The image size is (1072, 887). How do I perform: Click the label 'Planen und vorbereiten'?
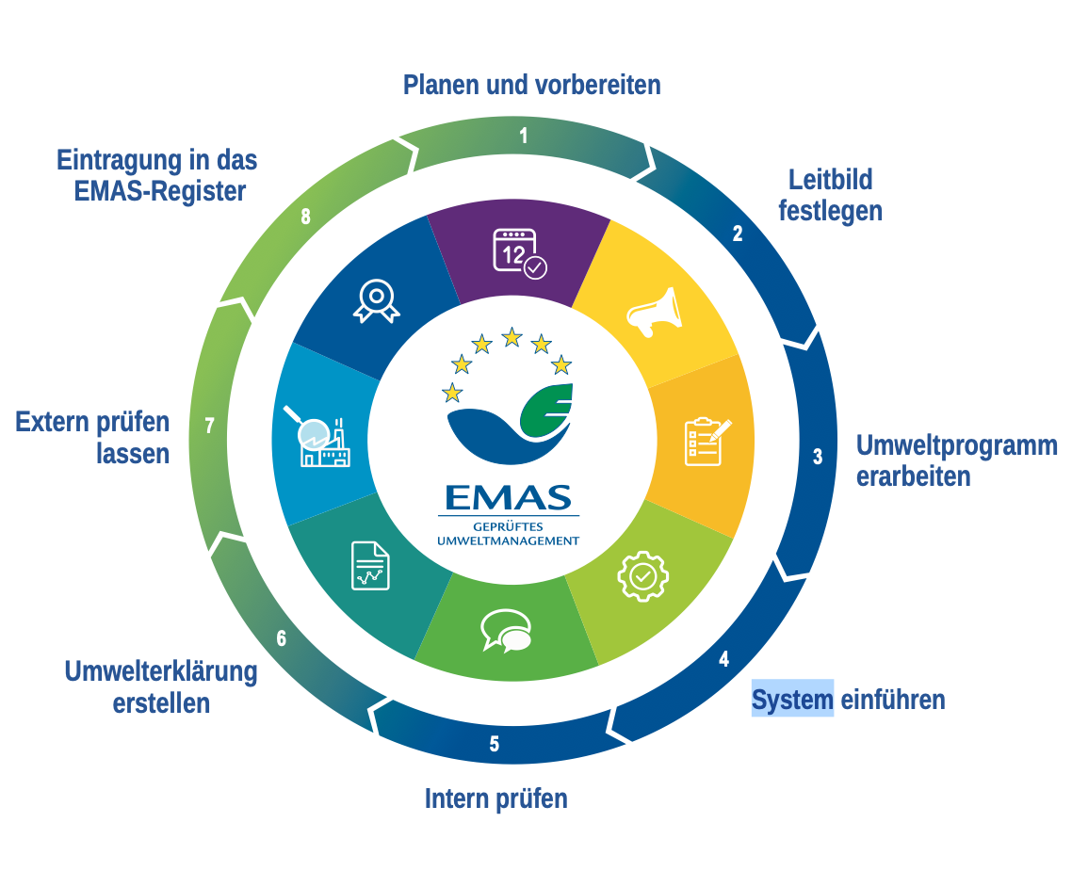(x=531, y=85)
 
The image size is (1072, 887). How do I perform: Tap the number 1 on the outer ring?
(x=524, y=136)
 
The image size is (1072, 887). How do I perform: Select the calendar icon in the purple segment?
(x=519, y=253)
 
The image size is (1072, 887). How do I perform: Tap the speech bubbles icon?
(x=505, y=630)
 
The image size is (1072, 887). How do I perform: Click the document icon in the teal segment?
(x=370, y=565)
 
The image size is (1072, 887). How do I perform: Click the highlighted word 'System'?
(x=792, y=700)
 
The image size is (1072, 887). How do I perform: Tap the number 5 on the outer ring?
(x=495, y=744)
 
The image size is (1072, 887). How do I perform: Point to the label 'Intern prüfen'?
(x=495, y=799)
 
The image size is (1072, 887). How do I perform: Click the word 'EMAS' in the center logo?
(x=509, y=496)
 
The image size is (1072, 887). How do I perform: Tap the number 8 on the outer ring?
(x=305, y=217)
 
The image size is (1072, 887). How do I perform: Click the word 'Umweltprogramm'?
(x=956, y=445)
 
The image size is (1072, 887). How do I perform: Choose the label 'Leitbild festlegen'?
(x=830, y=194)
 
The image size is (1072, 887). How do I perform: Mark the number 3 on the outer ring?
(x=818, y=457)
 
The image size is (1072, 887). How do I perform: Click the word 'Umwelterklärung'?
(x=161, y=671)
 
